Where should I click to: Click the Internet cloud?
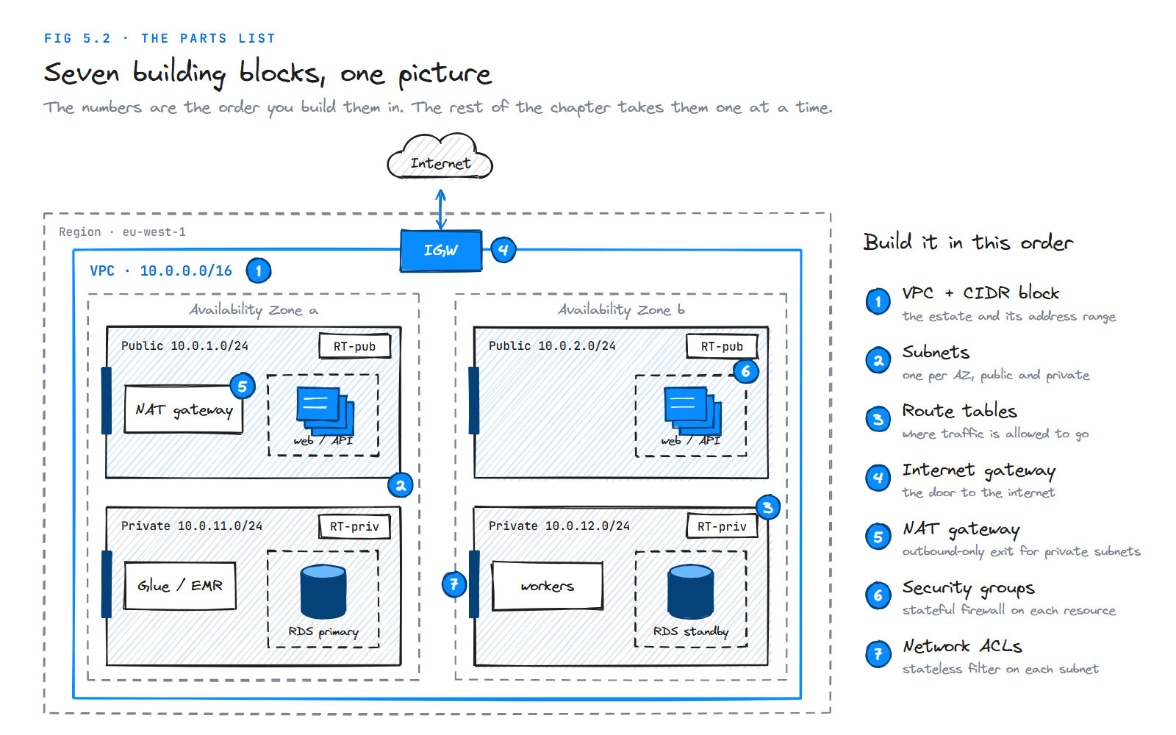pyautogui.click(x=440, y=157)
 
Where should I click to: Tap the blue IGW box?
pyautogui.click(x=441, y=251)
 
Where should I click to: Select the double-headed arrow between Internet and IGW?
pyautogui.click(x=441, y=209)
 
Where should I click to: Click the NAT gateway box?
pyautogui.click(x=184, y=409)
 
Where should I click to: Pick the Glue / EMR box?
pyautogui.click(x=180, y=585)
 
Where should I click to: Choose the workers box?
pyautogui.click(x=547, y=585)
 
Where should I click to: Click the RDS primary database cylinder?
pyautogui.click(x=323, y=592)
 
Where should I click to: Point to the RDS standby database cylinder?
pyautogui.click(x=690, y=592)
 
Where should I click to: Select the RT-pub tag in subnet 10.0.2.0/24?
pyautogui.click(x=722, y=346)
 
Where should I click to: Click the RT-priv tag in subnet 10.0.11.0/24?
pyautogui.click(x=354, y=526)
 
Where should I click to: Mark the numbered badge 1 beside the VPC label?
pyautogui.click(x=258, y=271)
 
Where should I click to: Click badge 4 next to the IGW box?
pyautogui.click(x=503, y=250)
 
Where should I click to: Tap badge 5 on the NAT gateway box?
pyautogui.click(x=243, y=387)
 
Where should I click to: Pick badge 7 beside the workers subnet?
pyautogui.click(x=454, y=584)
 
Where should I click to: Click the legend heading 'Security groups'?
pyautogui.click(x=968, y=589)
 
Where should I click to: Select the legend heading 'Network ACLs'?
pyautogui.click(x=962, y=646)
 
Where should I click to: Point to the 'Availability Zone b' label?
pyautogui.click(x=621, y=310)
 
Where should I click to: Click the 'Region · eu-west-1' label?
pyautogui.click(x=122, y=232)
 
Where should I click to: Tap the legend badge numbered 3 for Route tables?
pyautogui.click(x=878, y=419)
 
